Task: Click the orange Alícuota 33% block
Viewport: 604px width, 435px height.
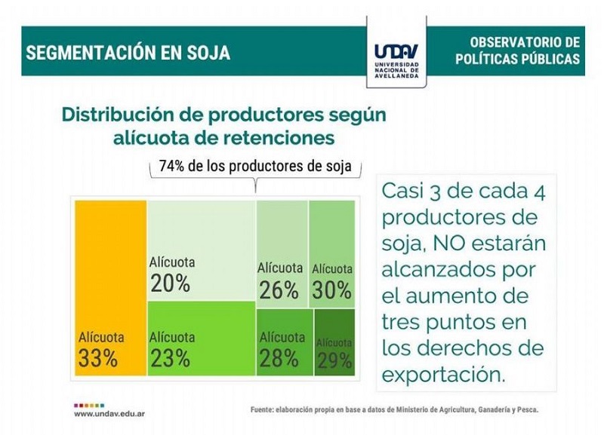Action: [x=110, y=288]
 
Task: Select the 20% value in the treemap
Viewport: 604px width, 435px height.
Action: [x=171, y=283]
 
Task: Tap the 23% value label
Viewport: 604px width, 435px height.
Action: [x=171, y=358]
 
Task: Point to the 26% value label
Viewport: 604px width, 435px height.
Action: [x=279, y=289]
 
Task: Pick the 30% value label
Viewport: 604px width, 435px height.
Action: [x=331, y=289]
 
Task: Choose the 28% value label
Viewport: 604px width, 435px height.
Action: [x=279, y=358]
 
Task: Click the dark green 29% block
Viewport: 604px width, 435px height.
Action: [x=334, y=342]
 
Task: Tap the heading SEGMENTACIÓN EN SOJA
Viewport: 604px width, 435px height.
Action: [x=128, y=52]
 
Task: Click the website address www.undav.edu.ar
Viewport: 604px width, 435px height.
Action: [x=109, y=414]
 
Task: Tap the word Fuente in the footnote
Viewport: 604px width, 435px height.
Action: [x=261, y=410]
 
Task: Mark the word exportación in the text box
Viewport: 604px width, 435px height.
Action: [x=443, y=375]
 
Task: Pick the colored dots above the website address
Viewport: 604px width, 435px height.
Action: [x=89, y=406]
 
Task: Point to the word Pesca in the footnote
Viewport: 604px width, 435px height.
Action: [x=529, y=410]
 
